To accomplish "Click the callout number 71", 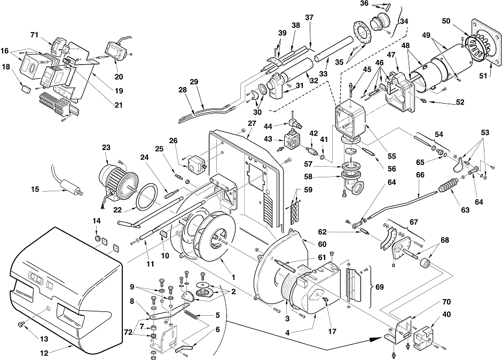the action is (x=34, y=35).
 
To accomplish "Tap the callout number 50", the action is (x=446, y=21).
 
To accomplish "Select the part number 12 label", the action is (x=44, y=353).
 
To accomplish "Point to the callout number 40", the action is (x=446, y=314).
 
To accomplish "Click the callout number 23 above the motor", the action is (x=106, y=147).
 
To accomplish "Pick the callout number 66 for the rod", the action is (x=420, y=175).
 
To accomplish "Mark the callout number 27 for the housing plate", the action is (x=252, y=123).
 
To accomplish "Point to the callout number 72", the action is (x=128, y=332).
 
